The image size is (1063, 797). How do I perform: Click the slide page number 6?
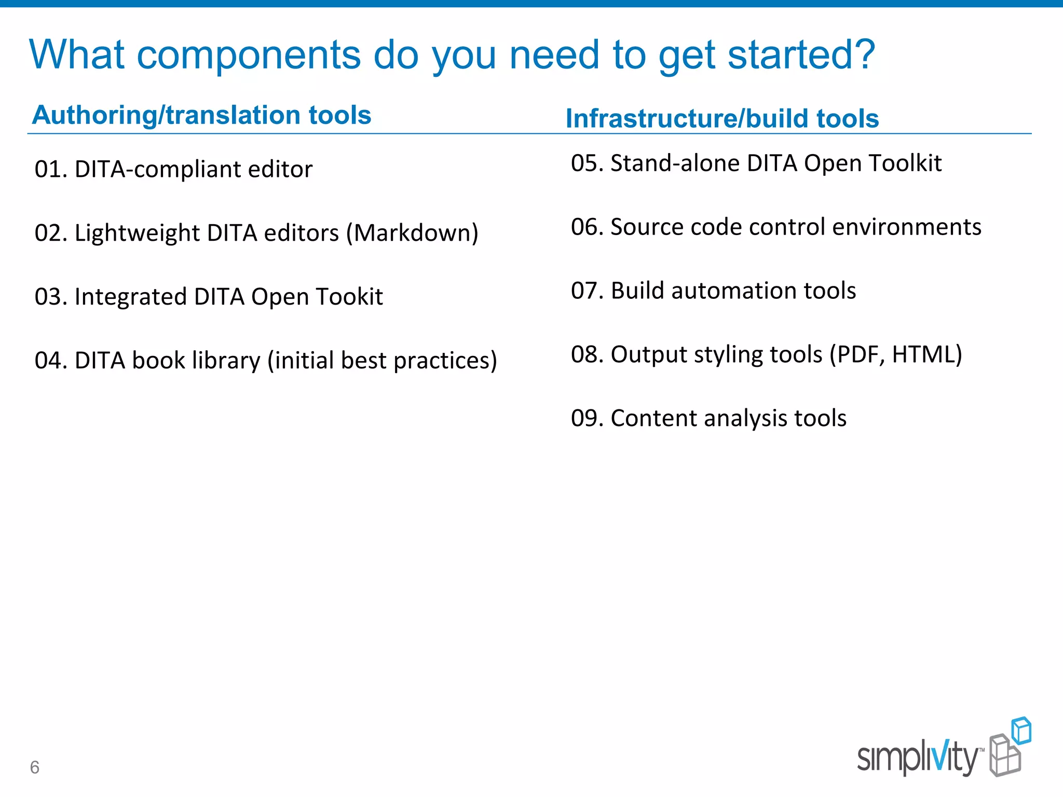(x=35, y=767)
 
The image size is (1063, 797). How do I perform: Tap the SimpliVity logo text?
(x=917, y=758)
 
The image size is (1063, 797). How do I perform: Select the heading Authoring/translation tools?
(x=201, y=115)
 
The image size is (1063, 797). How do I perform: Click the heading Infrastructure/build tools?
(x=722, y=118)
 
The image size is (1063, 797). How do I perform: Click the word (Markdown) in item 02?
(x=412, y=233)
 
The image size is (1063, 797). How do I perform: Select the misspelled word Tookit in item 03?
(x=349, y=297)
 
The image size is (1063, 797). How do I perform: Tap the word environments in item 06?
(x=907, y=227)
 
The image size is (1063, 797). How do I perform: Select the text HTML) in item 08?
(x=927, y=354)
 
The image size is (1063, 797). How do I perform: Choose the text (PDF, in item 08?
(x=857, y=354)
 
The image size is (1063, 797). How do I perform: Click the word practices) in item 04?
(x=445, y=361)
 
